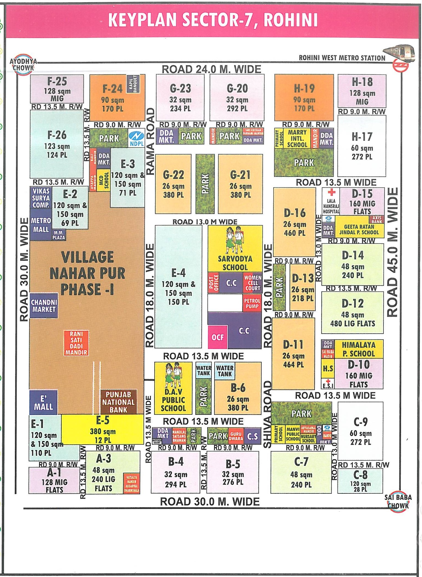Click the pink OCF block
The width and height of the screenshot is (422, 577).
pos(217,337)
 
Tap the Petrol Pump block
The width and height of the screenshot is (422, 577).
pos(252,303)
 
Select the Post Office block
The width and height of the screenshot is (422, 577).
pos(213,282)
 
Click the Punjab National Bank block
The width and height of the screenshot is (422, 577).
pos(118,402)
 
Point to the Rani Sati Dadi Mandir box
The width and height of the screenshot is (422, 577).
pos(76,343)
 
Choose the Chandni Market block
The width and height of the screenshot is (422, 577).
pos(44,305)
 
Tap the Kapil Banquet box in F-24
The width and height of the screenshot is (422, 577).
pos(133,84)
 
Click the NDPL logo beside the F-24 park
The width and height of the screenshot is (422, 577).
pos(136,138)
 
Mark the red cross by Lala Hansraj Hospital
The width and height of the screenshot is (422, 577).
pos(332,192)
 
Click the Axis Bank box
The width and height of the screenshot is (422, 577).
pos(376,219)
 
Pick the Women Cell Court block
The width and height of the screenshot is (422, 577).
pos(252,283)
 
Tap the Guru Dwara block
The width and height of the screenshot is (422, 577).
pos(236,436)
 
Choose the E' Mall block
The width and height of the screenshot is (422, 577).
pos(43,402)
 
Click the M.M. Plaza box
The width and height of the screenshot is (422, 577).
pos(59,235)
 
